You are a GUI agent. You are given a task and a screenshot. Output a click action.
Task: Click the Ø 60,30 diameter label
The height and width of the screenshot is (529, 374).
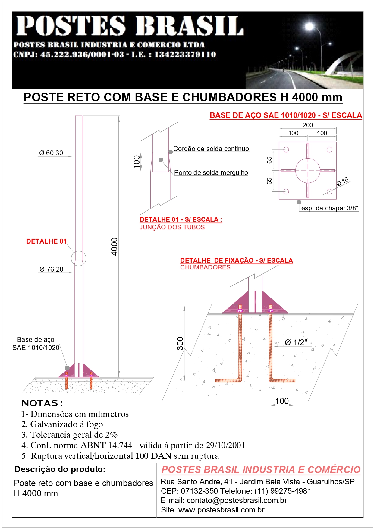coord(51,153)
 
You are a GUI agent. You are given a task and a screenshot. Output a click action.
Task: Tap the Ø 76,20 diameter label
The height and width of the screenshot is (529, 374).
coord(51,269)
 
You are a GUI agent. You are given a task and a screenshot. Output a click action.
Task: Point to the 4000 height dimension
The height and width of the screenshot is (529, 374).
coord(115,247)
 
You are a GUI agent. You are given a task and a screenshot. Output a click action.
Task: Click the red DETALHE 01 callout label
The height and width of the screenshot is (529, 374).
coord(46,241)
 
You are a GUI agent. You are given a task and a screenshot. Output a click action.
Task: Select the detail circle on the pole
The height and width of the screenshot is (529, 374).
coord(79,259)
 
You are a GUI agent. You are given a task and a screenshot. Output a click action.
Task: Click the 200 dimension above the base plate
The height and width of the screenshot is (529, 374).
coord(307,125)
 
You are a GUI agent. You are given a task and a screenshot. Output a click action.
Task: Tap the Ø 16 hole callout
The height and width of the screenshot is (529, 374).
coord(342,181)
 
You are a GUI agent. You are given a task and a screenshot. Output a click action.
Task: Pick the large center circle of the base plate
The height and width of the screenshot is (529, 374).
coord(307,171)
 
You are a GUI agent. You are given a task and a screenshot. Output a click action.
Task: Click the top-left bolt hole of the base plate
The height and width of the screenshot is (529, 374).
coord(286,150)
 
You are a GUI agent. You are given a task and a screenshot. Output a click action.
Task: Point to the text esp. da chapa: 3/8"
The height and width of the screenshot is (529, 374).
coord(330,208)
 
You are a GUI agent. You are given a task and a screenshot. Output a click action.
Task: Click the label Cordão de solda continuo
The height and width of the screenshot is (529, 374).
coord(211,149)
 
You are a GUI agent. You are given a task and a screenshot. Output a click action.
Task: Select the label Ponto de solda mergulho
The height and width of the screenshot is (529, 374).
coord(211,173)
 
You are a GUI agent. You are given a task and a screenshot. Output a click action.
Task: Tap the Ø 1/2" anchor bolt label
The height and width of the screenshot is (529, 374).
coord(296,342)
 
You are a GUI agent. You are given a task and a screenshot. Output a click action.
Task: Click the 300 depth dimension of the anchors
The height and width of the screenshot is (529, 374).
coord(180,343)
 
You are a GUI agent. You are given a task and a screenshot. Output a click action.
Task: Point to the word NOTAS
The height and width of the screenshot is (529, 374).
coord(40,403)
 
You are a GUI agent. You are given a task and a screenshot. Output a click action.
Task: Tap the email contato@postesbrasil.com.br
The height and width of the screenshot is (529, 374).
coord(237,501)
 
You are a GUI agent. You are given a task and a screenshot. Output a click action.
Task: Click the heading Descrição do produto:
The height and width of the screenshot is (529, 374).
coord(60,469)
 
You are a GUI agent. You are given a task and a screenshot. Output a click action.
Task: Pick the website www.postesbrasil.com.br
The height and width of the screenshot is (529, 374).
coord(222,510)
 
